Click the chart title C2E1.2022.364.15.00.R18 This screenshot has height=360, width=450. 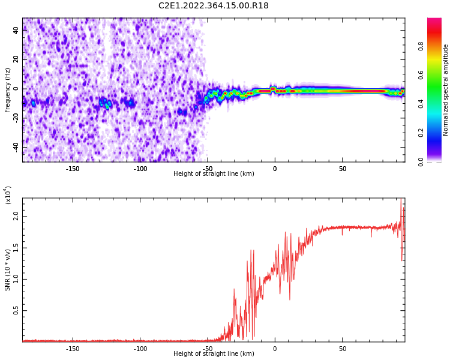click(x=214, y=6)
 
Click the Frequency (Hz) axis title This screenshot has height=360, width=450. click(x=8, y=90)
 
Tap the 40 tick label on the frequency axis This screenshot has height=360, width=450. click(x=16, y=31)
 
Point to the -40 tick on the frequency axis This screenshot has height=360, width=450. click(x=15, y=146)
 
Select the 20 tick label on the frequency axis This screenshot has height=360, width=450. click(x=16, y=59)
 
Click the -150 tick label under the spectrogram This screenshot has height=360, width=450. click(x=73, y=169)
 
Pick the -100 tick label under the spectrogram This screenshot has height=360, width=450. click(x=140, y=169)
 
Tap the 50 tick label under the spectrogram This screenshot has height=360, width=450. click(x=342, y=169)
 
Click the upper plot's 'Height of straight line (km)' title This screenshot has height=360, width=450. click(x=214, y=174)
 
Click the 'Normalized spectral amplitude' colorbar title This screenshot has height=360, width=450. click(x=446, y=90)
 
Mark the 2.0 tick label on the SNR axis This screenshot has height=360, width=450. click(x=16, y=217)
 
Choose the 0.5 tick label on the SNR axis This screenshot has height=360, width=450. click(x=16, y=310)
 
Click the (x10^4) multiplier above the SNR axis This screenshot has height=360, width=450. click(x=8, y=195)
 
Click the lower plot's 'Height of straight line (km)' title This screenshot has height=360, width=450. click(x=214, y=354)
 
